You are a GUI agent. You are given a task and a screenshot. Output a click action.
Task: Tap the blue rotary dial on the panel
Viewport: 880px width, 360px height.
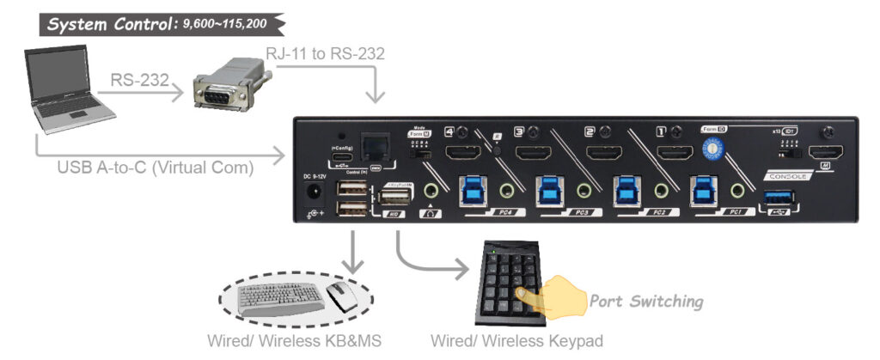coord(712,148)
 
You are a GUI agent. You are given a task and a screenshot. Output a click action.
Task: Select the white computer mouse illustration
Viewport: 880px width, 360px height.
coord(344,296)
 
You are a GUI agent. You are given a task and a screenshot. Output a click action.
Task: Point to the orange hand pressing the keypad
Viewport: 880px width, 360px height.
coord(549,296)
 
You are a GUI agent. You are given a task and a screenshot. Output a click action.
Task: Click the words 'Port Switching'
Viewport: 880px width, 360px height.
coord(645,302)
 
